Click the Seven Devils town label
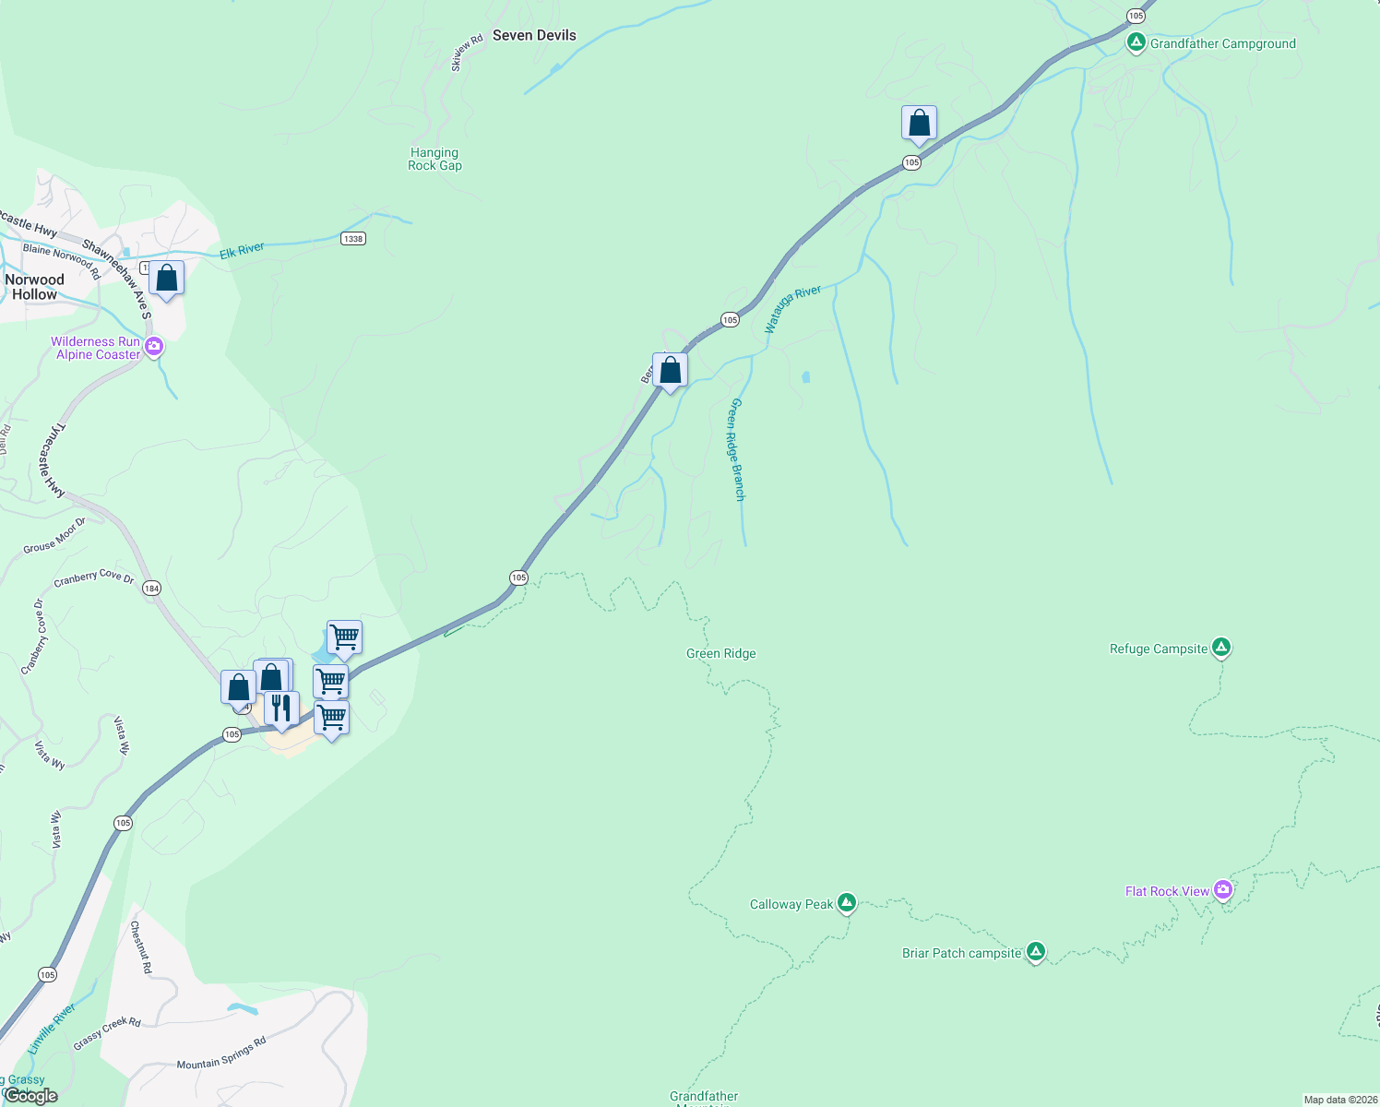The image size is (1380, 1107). pos(534,35)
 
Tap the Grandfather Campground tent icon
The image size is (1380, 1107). pos(1136,42)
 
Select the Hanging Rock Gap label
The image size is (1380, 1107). pos(434,159)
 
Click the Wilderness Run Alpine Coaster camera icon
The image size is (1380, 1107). pos(154,347)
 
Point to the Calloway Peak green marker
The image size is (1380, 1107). pos(846,903)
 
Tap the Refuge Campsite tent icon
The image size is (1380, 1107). pos(1220,648)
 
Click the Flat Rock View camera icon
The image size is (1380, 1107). pos(1222,890)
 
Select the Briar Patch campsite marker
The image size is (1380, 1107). pos(1035,952)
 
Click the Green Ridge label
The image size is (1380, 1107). pos(720,653)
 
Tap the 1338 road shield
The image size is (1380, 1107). pos(352,238)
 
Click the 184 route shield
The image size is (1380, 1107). pos(152,588)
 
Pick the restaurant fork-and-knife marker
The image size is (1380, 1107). pos(281,708)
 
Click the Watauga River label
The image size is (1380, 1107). pos(792,308)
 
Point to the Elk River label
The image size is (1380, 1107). pos(242,251)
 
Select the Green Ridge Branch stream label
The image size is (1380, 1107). pos(737,449)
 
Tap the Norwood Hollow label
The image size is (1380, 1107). pos(34,287)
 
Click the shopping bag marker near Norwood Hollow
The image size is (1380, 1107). pos(167,278)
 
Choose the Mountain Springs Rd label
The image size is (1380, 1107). pos(221,1053)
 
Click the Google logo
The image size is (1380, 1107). pos(30,1095)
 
